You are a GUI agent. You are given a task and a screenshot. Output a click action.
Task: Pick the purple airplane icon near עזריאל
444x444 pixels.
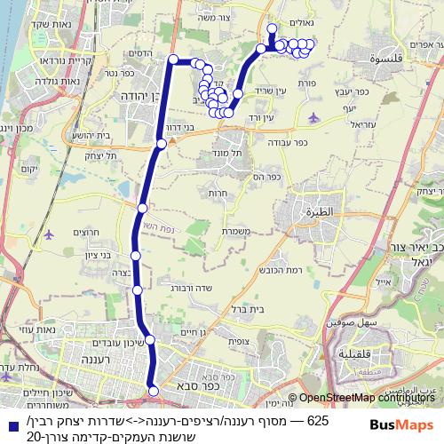(313, 115)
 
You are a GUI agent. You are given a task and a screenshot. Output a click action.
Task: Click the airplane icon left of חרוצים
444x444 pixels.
(49, 235)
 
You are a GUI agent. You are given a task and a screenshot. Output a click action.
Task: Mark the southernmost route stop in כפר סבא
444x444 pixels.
(153, 389)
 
